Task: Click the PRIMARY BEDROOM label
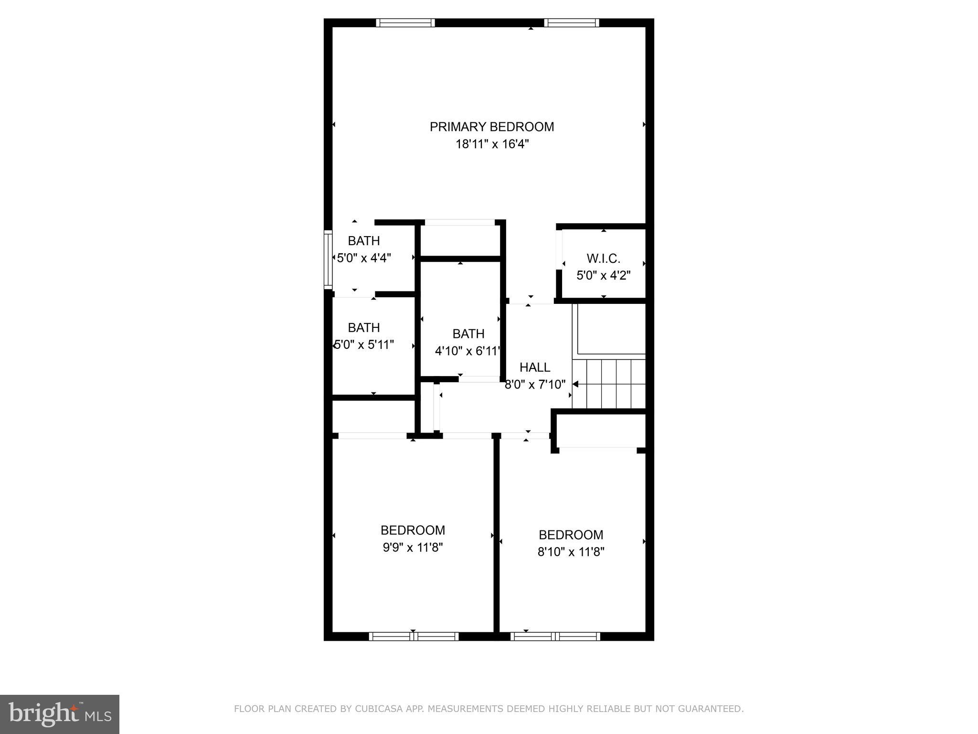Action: tap(491, 127)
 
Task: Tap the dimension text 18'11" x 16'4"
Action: tap(492, 144)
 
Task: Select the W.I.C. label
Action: tap(603, 259)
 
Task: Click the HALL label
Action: tap(534, 367)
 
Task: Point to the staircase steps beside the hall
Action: tap(609, 384)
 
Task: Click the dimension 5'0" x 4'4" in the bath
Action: tap(364, 258)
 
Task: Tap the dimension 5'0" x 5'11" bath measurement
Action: tap(364, 345)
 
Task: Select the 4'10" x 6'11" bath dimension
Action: tap(468, 351)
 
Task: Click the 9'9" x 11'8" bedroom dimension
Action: tap(413, 547)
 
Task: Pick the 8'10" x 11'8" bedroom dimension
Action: tap(571, 552)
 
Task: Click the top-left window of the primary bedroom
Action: tap(405, 22)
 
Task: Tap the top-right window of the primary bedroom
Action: tap(571, 22)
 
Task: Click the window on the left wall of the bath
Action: tap(328, 259)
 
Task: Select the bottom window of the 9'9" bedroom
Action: tap(414, 636)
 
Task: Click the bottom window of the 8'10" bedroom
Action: tap(555, 636)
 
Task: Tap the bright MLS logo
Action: tap(59, 713)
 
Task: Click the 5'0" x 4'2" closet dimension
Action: tap(603, 276)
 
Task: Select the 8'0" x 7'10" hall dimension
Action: tap(535, 384)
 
